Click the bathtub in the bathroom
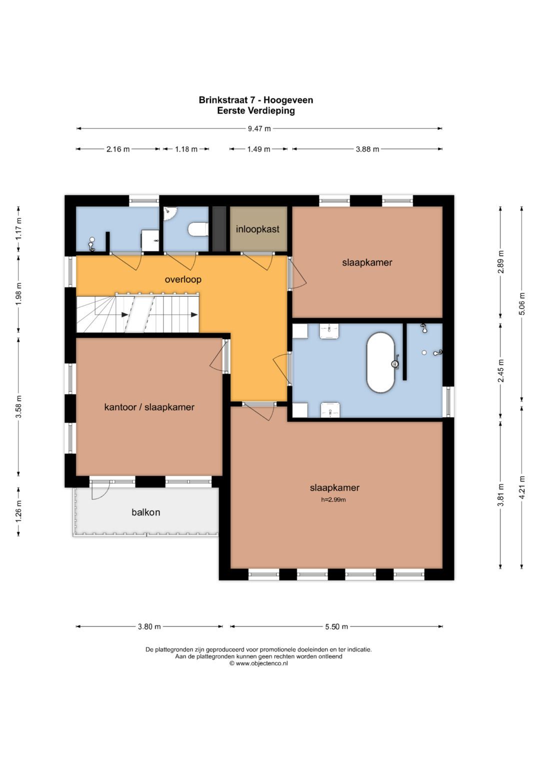[x=380, y=363]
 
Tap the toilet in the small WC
[x=198, y=229]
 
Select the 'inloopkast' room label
[x=257, y=229]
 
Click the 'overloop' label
[x=183, y=279]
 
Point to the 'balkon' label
[x=146, y=512]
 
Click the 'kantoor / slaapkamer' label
[x=149, y=407]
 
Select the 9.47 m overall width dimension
[x=259, y=128]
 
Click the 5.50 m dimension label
[x=336, y=627]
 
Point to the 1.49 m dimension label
[x=259, y=149]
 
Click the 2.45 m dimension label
[x=500, y=371]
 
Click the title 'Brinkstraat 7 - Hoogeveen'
[x=256, y=100]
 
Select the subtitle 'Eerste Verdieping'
[x=256, y=110]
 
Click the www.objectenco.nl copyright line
[x=259, y=663]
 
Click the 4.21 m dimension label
[x=521, y=488]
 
